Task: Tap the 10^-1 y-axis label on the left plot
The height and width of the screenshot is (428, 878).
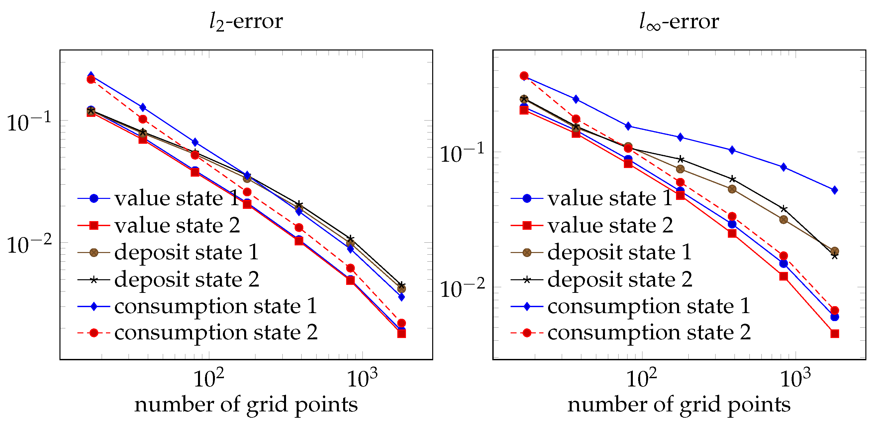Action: pyautogui.click(x=29, y=122)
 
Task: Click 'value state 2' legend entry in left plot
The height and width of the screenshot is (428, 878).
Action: pyautogui.click(x=177, y=225)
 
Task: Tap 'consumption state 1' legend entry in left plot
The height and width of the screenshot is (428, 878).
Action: pyautogui.click(x=216, y=306)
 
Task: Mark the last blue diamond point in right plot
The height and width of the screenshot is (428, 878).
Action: pyautogui.click(x=835, y=190)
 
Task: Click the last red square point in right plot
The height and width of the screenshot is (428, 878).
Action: pyautogui.click(x=835, y=334)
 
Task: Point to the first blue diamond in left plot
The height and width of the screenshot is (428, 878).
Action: pyautogui.click(x=91, y=75)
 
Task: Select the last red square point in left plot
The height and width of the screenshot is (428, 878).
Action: pyautogui.click(x=402, y=334)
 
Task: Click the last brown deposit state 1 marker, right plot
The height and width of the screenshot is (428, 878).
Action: pyautogui.click(x=835, y=251)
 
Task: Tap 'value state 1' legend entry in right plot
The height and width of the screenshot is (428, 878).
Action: pyautogui.click(x=610, y=198)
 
